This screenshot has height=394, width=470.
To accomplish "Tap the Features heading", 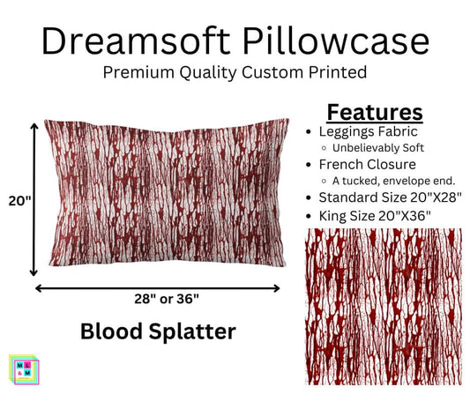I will [375, 112].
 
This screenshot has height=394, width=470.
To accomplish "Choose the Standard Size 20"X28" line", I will [388, 197].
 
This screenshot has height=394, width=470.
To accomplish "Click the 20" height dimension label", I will [17, 201].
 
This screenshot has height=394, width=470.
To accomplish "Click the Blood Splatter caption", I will [157, 331].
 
